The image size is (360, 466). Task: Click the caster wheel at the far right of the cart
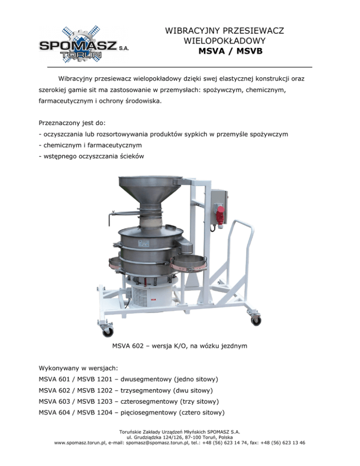(256, 321)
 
